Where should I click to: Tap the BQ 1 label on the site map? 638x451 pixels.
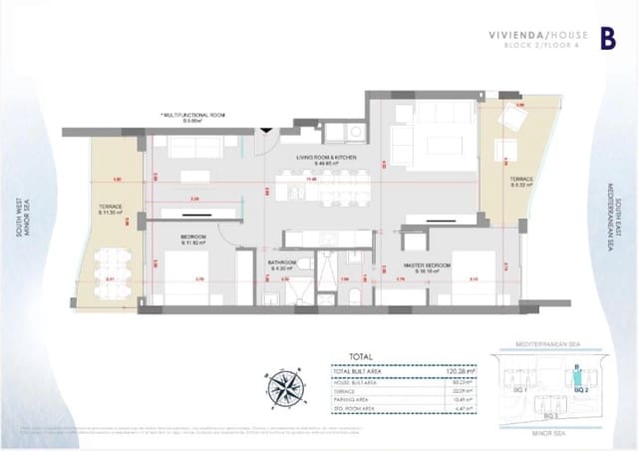518,390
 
